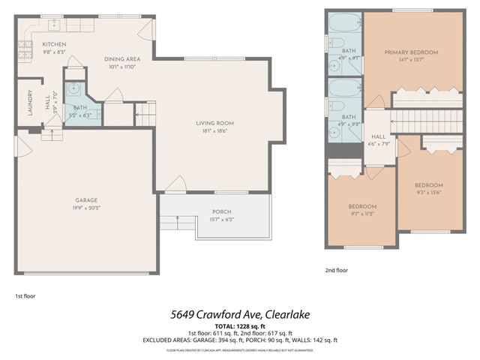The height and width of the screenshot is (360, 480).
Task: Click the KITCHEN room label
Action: pos(54,45)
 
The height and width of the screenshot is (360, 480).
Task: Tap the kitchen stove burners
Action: pos(26,49)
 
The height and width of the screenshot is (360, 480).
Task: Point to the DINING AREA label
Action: pos(121,58)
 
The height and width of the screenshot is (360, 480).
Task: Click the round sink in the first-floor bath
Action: pos(73,88)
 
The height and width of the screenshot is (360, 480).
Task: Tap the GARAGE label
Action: pos(86,200)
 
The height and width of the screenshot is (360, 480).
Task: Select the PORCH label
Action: pos(222,211)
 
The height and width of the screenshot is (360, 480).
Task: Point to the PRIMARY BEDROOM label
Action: pos(411,52)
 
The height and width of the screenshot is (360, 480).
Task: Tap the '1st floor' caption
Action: pos(25,295)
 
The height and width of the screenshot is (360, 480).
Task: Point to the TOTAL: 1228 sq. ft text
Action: pos(239,326)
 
